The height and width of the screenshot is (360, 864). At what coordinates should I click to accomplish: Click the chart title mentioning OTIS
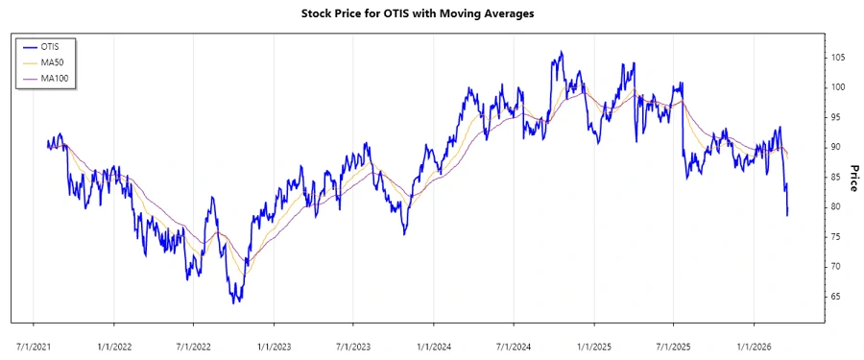click(431, 13)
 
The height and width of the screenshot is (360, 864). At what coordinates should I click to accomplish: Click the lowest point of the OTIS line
click(233, 303)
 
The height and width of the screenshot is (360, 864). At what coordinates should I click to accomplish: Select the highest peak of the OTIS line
click(562, 52)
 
